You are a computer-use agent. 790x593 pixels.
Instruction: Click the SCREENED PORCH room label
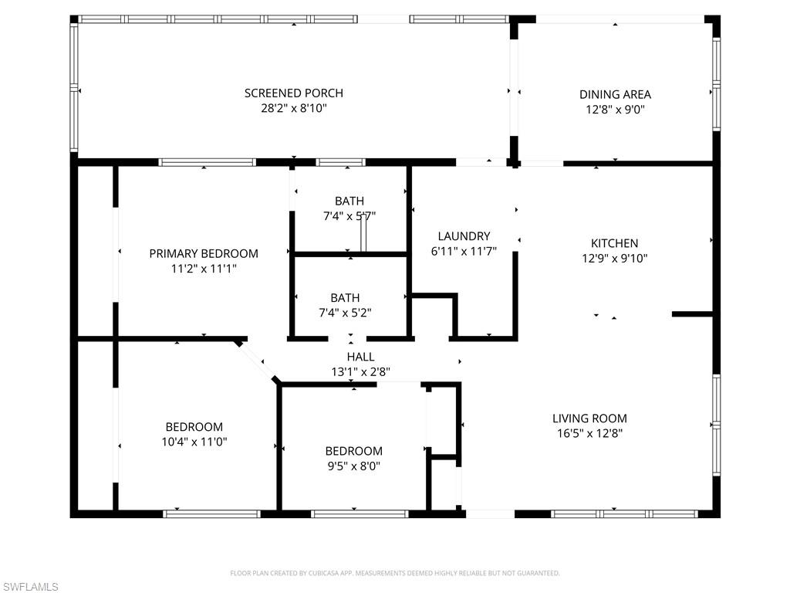293,93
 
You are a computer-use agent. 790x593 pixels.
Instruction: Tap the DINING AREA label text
615,95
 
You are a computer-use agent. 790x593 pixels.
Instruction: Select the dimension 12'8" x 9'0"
615,110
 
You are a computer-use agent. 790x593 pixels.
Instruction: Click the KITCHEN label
614,243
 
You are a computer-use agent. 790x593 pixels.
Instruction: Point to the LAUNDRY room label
464,236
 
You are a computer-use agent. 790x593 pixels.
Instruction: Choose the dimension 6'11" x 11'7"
464,251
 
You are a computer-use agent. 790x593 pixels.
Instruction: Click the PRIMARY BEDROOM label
204,253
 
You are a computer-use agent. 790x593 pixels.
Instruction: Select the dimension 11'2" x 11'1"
204,269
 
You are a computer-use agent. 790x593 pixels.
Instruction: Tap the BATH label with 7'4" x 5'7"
349,202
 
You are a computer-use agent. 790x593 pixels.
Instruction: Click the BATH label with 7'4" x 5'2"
345,297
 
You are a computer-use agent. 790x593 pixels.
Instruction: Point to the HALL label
360,357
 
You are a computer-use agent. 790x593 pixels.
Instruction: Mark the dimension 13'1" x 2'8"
360,371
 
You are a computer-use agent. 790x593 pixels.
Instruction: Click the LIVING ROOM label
589,418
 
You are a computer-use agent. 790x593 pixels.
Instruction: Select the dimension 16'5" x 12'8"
589,434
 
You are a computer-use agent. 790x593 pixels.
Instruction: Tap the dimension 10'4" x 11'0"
194,442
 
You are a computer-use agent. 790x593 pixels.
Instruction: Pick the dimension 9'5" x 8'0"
353,466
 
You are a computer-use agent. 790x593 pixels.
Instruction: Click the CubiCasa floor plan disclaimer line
395,573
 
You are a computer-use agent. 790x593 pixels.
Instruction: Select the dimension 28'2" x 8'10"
293,109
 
